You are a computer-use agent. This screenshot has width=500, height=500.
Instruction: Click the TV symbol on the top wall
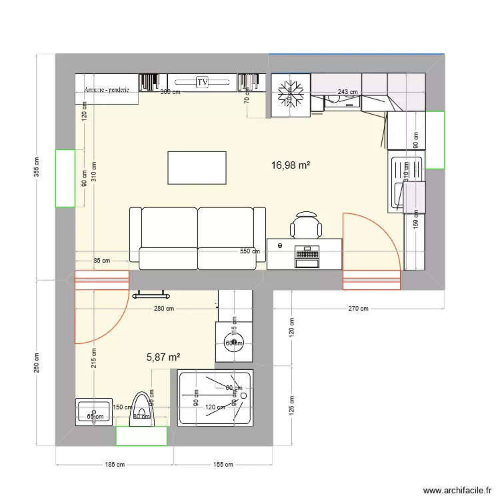202,82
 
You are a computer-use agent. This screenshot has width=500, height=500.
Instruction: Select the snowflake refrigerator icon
291,94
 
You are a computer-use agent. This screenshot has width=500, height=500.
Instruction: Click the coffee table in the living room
197,167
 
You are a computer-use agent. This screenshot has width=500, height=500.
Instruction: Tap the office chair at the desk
307,224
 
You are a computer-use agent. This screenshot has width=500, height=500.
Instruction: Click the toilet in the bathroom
141,407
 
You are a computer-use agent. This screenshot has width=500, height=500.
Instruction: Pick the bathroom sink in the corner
93,411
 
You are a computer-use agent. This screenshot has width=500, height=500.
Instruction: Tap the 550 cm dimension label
250,251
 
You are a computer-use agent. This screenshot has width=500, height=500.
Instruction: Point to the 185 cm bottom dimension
113,465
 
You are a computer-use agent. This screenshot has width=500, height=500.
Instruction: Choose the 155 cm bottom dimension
223,465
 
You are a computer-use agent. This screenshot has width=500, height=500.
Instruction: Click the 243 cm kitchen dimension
347,92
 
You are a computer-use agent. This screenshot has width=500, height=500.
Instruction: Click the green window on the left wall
65,178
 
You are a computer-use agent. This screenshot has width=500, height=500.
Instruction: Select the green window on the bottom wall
141,436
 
